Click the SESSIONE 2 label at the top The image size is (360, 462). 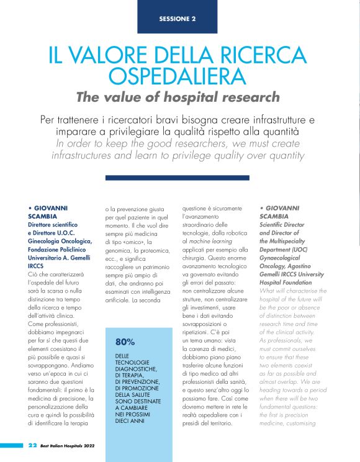pyautogui.click(x=178, y=18)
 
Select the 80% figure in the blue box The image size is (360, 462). pyautogui.click(x=125, y=342)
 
